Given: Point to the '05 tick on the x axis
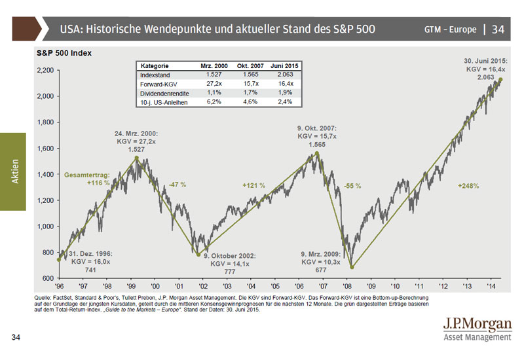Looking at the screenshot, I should pos(274,286).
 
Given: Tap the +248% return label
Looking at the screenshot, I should pos(468,186).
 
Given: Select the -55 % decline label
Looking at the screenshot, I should pos(352,186).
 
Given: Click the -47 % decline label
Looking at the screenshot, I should pos(177,186).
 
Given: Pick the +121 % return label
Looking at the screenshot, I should pos(253,186).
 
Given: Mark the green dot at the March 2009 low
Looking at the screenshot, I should pos(352,267).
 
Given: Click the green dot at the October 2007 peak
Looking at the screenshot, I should pos(317,154).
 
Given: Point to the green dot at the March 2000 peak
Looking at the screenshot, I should pos(136,158).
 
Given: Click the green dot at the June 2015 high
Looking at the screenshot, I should pos(501,80).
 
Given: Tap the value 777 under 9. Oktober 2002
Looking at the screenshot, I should pos(229,272).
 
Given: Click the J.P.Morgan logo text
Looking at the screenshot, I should pos(474,325).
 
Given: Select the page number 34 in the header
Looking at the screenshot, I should pos(498,29).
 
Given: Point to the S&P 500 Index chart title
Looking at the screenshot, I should pos(64,52).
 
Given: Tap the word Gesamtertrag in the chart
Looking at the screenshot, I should pos(86,175).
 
